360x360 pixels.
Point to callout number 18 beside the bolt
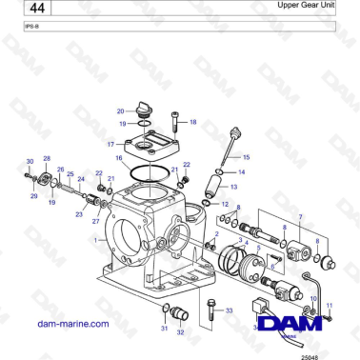tap(192, 122)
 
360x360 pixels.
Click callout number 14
tap(242, 172)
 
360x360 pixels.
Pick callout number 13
tap(234, 188)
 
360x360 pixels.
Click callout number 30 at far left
tap(29, 163)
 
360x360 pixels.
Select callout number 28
tap(47, 157)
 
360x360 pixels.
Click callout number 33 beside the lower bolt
tap(229, 310)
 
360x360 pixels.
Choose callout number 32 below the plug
tap(180, 333)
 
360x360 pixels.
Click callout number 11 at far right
tap(330, 306)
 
